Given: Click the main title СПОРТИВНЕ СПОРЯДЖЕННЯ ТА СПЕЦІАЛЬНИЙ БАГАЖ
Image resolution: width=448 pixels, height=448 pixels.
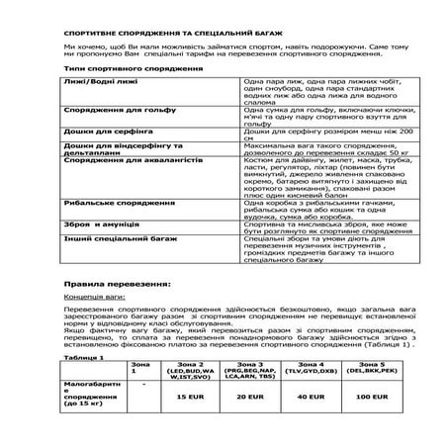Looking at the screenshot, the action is pyautogui.click(x=162, y=33).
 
